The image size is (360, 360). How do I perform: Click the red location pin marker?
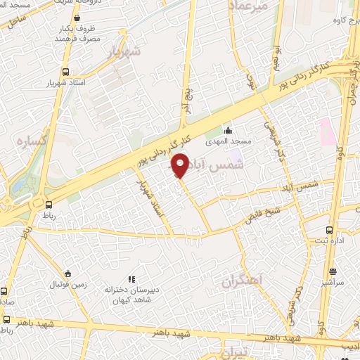180,166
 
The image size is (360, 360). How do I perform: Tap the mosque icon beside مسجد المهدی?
227,131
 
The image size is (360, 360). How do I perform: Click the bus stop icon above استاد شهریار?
65,72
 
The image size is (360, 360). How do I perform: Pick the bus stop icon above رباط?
47,205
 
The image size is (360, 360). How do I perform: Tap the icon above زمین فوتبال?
67,274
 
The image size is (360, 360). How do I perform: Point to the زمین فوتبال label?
65,284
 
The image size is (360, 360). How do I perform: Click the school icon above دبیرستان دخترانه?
129,279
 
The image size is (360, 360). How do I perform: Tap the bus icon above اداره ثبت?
329,230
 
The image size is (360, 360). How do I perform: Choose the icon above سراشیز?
333,271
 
